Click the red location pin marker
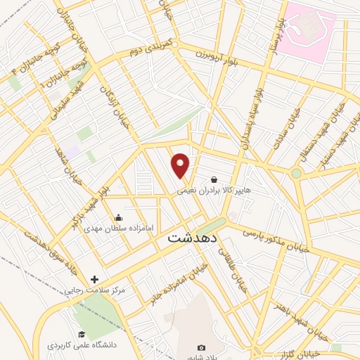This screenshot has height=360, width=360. click(181, 165)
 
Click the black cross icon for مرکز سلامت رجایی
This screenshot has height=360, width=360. click(95, 279)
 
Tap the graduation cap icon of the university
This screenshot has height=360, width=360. click(82, 335)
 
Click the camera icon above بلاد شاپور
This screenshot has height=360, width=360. click(202, 347)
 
